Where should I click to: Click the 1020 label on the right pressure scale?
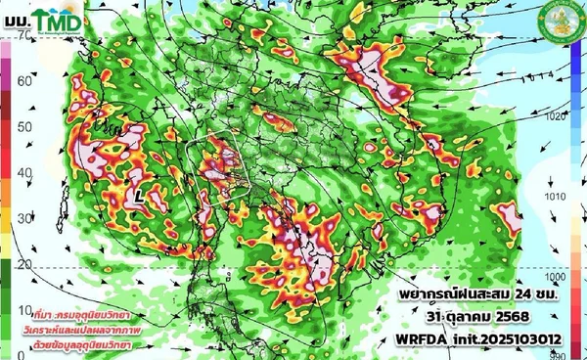pos(556,114)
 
